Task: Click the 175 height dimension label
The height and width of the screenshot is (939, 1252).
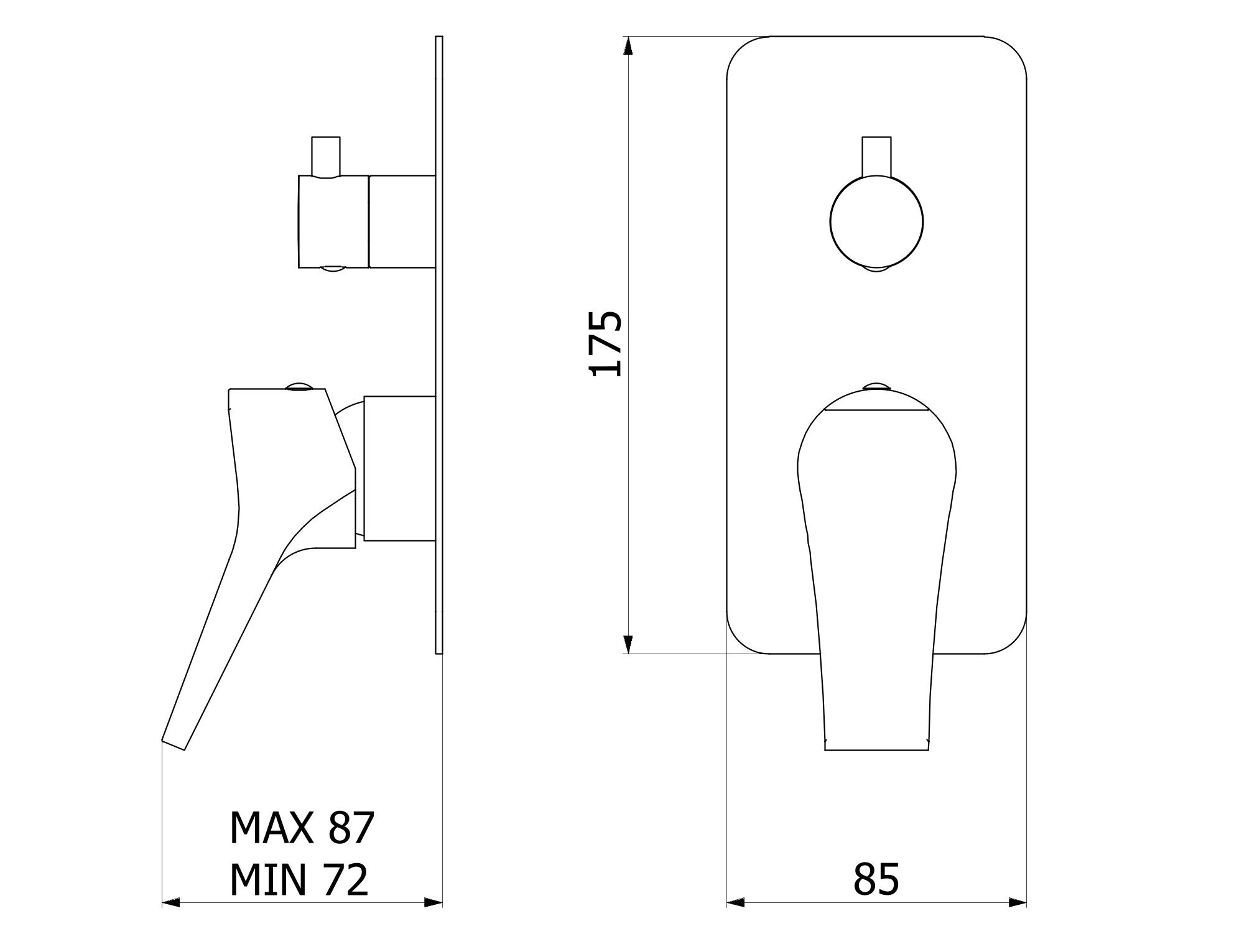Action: [x=605, y=344]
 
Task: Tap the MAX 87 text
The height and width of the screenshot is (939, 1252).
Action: [x=302, y=827]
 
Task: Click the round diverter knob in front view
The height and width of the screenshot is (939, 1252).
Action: [x=876, y=221]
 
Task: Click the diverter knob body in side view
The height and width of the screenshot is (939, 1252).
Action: [x=334, y=221]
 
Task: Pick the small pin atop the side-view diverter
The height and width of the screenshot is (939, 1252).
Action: [x=325, y=156]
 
